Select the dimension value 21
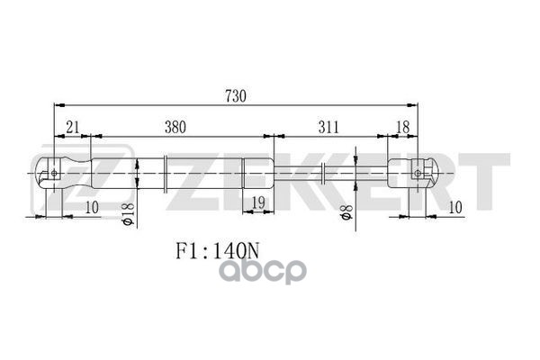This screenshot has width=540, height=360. point(71,127)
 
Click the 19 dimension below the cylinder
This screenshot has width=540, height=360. point(256,202)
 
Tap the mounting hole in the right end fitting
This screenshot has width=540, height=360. point(419,170)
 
